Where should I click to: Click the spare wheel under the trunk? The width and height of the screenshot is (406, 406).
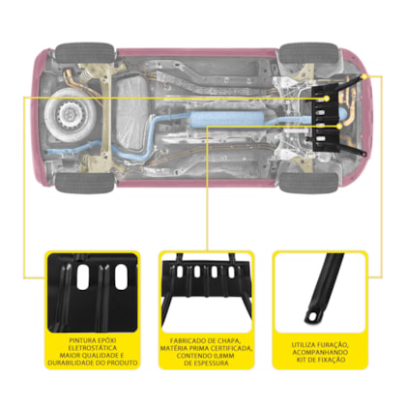coord(69,114)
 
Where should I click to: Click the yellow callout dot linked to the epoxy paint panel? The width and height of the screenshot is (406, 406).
coord(327,99)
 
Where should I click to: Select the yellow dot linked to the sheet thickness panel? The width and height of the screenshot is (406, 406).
coord(339,127)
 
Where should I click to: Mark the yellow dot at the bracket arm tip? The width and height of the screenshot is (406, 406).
coord(364,76)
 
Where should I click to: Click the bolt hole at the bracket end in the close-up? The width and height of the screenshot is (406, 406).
coord(311,316)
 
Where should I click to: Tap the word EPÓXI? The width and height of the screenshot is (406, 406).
coord(108,340)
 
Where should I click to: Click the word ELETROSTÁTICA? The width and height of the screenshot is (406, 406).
coord(93,348)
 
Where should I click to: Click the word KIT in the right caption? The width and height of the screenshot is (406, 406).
coord(302,360)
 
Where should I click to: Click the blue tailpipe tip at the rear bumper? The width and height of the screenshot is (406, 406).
coord(50,153)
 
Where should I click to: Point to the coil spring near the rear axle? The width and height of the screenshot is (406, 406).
coord(85,76)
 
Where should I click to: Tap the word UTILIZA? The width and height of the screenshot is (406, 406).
coord(304,345)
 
